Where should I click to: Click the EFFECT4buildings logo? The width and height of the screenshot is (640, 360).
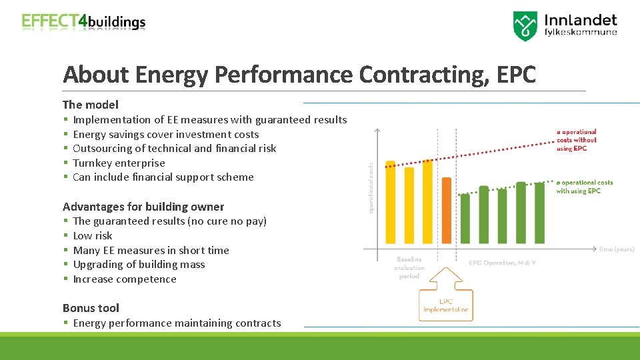pos(83,21)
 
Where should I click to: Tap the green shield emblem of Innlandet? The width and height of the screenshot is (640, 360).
pos(525,26)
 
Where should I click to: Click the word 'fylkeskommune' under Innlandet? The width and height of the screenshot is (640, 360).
pos(581,32)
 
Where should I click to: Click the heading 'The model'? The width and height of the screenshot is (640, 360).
pos(91,105)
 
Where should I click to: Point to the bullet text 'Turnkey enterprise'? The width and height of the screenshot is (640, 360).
pos(119,163)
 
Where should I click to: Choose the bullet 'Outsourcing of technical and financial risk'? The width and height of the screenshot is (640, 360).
pos(174,148)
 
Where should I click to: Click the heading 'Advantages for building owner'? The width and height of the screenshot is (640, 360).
pos(143,207)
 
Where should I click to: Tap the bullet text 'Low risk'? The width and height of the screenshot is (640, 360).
pos(93,235)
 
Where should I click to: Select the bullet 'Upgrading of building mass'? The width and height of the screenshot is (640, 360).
pos(139,265)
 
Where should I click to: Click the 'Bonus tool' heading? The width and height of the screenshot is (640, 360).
pos(91,308)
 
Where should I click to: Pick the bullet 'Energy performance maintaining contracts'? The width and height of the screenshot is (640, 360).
pos(177,323)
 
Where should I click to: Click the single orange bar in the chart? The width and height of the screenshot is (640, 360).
pos(446,210)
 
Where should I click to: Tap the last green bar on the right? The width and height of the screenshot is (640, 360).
pos(539,213)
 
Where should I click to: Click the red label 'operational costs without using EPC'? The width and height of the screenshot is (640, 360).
pos(577,140)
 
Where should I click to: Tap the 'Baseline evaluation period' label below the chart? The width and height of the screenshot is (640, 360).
pos(409,267)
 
